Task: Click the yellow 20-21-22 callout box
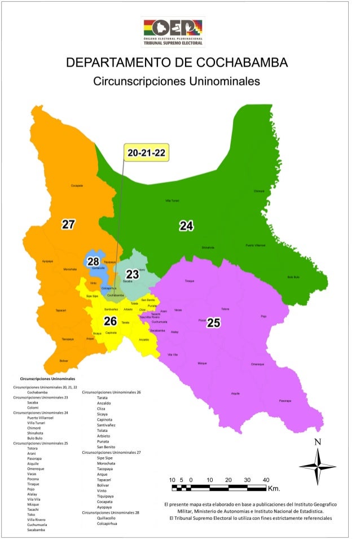pos(146,153)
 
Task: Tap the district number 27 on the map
pos(68,225)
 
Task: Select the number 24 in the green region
pos(186,226)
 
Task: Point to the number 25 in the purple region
pos(213,323)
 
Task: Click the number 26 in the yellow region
pos(110,321)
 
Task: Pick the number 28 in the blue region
pos(93,261)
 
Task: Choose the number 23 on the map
pos(132,274)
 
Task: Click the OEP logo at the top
pos(173,32)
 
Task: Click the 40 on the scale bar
pos(266,479)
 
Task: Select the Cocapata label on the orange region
pos(77,185)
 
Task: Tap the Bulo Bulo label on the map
pos(293,277)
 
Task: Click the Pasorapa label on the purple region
pos(285,401)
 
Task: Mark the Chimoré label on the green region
pos(259,191)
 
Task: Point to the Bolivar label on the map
pos(63,360)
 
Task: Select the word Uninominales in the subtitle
pos(225,81)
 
